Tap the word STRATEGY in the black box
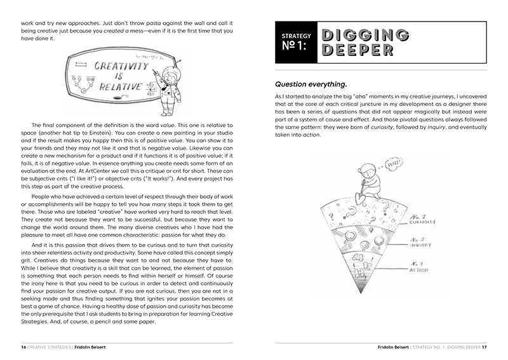pos(296,36)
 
